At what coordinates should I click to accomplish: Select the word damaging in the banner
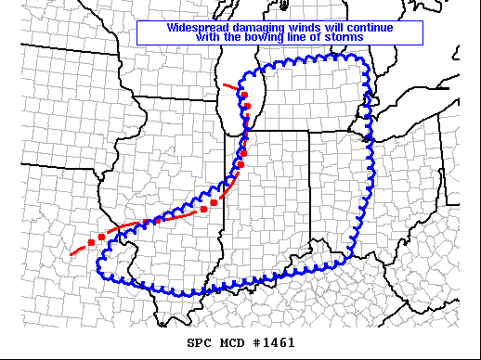coord(258,27)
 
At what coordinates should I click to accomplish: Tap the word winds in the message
coord(307,27)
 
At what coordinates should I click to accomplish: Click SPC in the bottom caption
coord(200,342)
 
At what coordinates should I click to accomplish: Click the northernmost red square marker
coord(244,95)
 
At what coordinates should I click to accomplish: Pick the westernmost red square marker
coord(91,242)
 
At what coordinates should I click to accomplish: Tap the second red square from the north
coord(247,109)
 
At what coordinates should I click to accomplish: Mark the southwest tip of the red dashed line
coord(71,254)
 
